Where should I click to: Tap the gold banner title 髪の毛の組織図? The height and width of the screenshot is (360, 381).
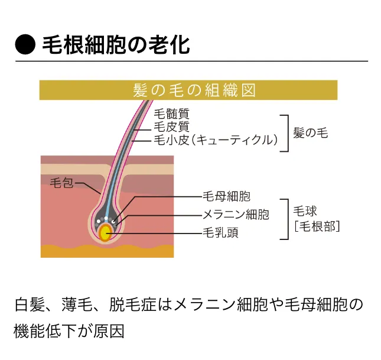(188, 90)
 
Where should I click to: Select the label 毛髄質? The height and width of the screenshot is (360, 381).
(171, 113)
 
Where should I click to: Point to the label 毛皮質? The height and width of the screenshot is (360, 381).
(171, 127)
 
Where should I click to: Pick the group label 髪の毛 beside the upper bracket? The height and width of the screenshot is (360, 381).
(310, 132)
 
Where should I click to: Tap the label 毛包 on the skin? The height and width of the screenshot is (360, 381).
(61, 183)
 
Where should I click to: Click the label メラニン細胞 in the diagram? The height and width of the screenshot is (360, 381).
(236, 214)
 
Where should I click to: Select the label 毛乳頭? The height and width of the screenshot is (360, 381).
(220, 232)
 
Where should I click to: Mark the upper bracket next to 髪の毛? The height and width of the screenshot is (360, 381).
(286, 133)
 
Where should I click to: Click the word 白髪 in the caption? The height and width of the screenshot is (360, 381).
(27, 305)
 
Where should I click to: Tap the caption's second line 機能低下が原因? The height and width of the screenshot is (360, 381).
(69, 330)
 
